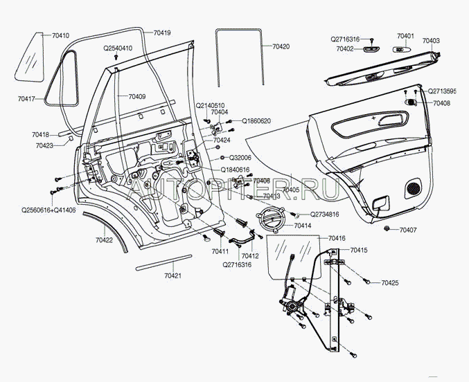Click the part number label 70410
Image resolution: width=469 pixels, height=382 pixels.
click(61, 35)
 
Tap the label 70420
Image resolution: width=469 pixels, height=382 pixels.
click(281, 46)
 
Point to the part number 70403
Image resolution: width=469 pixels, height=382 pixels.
click(431, 42)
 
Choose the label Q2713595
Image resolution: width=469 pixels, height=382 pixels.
click(442, 91)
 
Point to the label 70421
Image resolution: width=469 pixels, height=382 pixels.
click(173, 275)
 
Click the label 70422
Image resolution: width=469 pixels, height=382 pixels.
click(104, 240)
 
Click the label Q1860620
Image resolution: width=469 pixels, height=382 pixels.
click(256, 121)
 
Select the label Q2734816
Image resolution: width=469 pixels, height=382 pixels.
click(325, 215)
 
